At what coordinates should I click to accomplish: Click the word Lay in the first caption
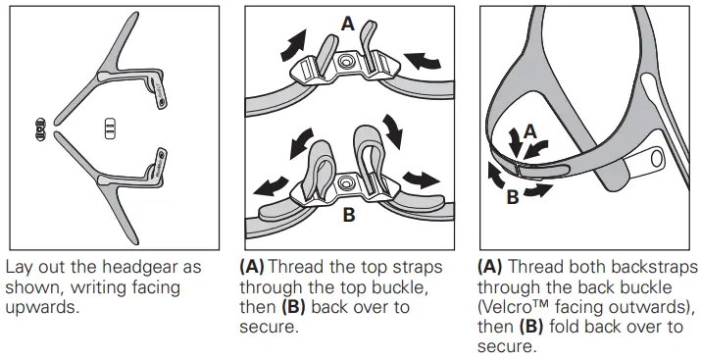point(20,268)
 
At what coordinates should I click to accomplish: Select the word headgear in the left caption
point(131,268)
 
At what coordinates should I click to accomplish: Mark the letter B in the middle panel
point(349,215)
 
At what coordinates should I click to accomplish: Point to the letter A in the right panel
point(529,129)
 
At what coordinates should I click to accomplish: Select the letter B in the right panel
point(513,196)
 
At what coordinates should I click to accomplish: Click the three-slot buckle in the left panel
point(110,129)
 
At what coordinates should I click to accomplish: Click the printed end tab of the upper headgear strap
point(161,94)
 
